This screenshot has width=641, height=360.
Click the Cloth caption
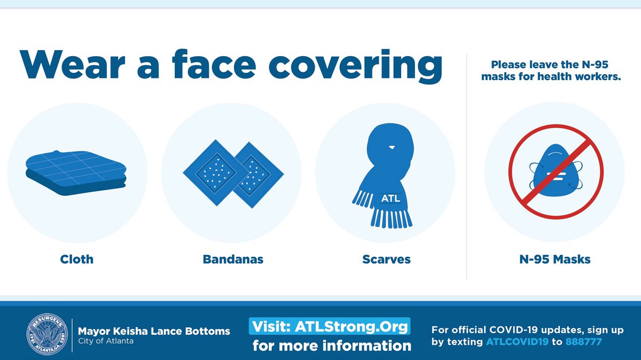point(76,260)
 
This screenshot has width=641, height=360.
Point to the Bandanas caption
point(233,260)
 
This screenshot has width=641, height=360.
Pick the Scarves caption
point(386,260)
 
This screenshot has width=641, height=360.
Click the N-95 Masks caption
point(556,260)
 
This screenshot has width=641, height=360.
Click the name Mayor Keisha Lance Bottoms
point(154,331)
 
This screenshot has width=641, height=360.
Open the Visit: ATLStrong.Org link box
point(330,325)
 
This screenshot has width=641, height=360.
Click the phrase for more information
point(332,346)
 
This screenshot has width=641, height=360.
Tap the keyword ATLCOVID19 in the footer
point(517,342)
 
